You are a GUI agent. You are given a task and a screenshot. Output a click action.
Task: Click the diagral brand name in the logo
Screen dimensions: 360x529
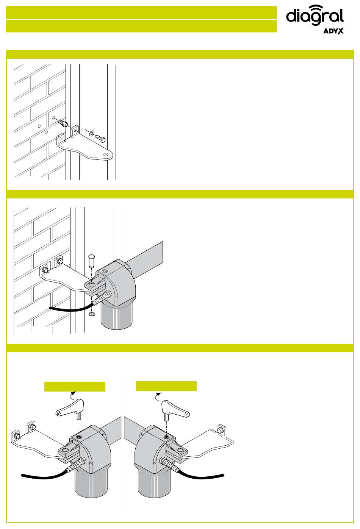315,16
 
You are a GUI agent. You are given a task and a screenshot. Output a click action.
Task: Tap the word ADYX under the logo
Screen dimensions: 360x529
333,31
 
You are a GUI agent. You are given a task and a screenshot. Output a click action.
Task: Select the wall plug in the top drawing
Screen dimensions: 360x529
63,123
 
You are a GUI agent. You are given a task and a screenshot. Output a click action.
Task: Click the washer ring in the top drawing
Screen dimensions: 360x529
91,133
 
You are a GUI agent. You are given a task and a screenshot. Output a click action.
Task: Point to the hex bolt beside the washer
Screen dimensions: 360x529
100,138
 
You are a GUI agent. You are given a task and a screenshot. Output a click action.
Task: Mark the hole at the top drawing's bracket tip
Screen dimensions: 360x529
106,154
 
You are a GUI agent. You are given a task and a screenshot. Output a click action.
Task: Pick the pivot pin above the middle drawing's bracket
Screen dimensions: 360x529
91,261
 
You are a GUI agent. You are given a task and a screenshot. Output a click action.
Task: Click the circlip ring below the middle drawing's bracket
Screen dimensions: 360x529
92,314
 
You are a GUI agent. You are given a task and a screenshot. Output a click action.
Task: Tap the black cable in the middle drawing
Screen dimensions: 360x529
71,308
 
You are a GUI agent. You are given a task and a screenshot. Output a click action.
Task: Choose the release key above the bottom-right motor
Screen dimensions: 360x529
175,409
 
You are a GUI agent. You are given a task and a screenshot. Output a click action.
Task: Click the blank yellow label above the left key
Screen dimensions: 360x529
75,386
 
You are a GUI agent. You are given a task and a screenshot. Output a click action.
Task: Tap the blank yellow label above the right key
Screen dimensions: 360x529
166,386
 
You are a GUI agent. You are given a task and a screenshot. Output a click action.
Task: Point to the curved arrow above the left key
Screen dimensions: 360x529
72,395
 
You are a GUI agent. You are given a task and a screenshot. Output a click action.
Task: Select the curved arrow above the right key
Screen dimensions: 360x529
157,396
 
